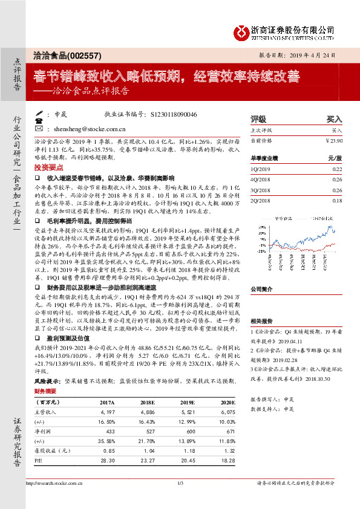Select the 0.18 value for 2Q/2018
tap(338, 200)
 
